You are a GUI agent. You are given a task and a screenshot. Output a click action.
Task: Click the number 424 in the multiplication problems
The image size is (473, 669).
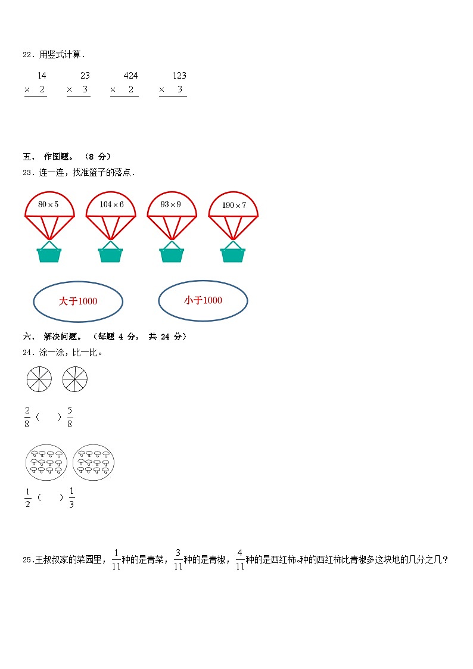[x=130, y=76]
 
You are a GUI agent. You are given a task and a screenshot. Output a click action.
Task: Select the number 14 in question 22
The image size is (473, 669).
[x=41, y=76]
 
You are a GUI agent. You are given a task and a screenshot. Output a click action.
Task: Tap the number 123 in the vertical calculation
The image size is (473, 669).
[x=179, y=76]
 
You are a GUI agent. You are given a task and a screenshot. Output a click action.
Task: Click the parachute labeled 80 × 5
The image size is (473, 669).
[x=49, y=205]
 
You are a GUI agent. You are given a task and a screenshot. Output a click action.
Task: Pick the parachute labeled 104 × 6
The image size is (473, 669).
[x=111, y=205]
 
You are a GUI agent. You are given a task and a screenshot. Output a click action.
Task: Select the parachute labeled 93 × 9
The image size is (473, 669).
[x=172, y=205]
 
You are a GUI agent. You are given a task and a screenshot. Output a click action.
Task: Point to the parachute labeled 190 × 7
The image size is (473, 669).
[x=233, y=206]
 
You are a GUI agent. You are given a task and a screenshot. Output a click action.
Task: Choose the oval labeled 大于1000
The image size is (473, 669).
[x=78, y=301]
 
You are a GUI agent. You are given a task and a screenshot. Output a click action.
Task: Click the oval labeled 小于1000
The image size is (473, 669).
[x=203, y=301]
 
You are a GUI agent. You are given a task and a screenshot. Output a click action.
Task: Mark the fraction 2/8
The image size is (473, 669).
[x=27, y=417]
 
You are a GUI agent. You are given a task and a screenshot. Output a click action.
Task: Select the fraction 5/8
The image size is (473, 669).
[x=70, y=417]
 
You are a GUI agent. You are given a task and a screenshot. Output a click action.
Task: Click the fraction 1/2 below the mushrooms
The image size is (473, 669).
[x=27, y=497]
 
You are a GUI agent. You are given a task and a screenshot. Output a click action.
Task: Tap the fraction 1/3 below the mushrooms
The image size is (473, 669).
[x=71, y=497]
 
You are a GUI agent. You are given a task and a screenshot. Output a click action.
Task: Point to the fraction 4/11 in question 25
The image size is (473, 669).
[x=239, y=559]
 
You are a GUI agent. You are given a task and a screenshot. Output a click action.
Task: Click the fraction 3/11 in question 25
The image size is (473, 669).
[x=178, y=559]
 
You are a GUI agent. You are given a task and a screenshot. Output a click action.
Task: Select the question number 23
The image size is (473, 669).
[x=27, y=173]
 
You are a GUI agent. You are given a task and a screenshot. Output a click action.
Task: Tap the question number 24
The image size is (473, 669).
[x=27, y=353]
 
